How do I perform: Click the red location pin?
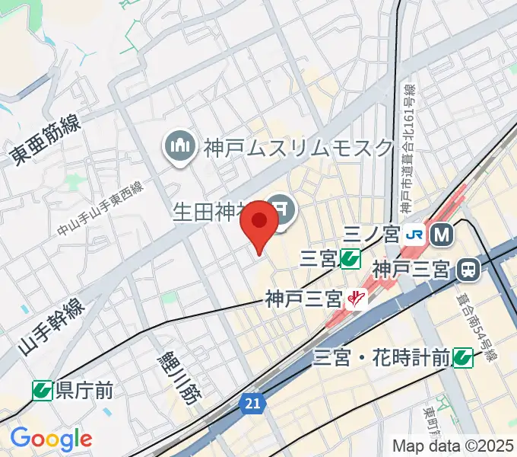pos(260,223)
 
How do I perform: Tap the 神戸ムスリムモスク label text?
pos(298,146)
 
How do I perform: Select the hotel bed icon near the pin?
pos(282,206)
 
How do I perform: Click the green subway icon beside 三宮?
pos(350,259)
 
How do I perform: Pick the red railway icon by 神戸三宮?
pos(354,299)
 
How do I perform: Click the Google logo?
pos(51,439)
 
